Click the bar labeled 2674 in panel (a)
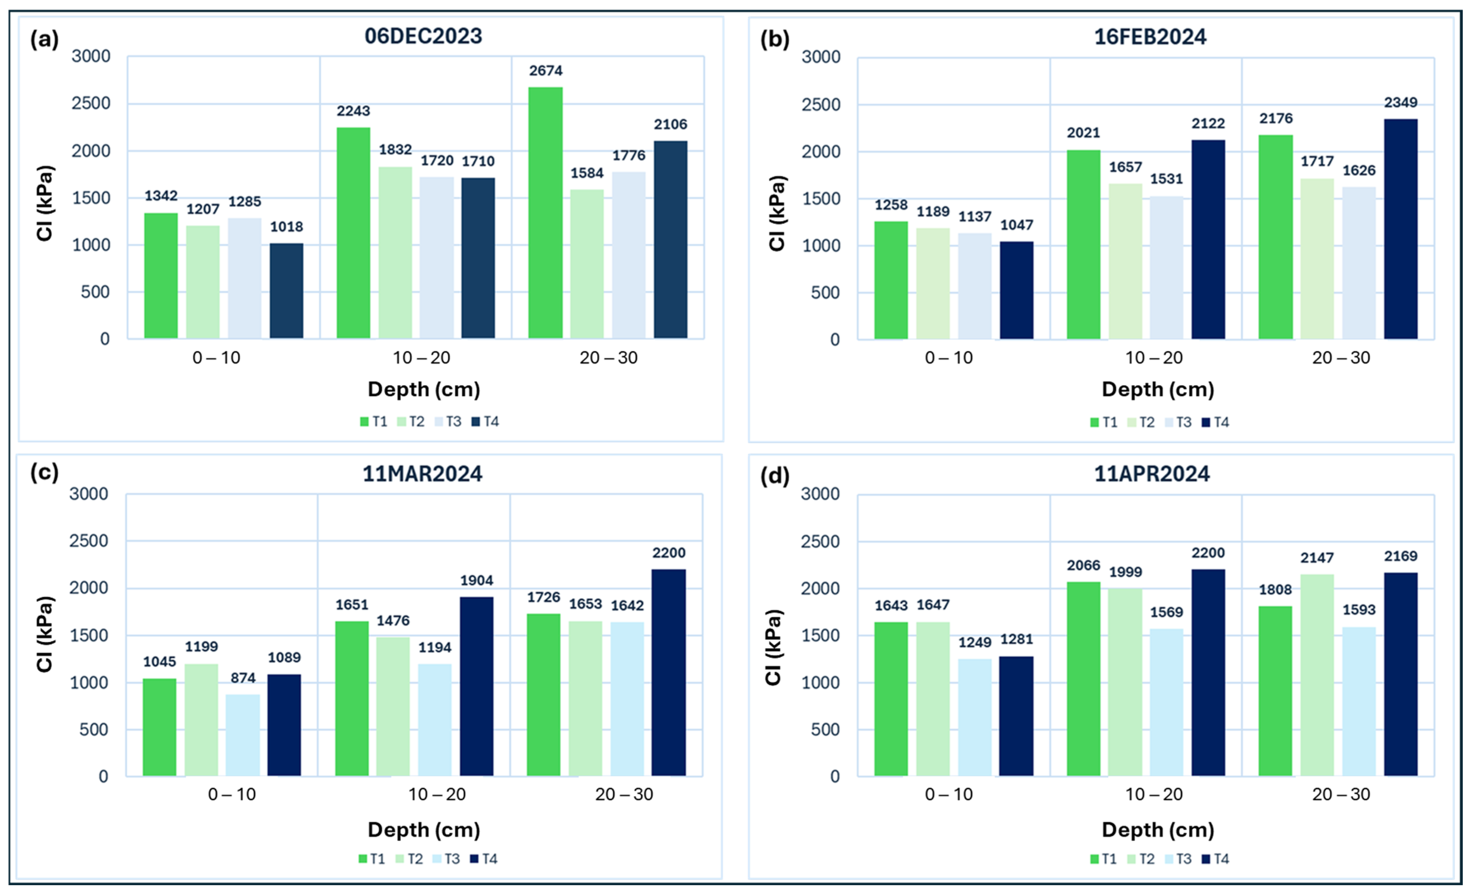pos(545,213)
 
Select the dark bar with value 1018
pos(286,291)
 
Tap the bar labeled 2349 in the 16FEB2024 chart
pos(1401,229)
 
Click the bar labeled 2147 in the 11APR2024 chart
pos(1317,675)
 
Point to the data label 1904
pos(477,581)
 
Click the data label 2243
pos(353,111)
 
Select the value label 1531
pos(1166,179)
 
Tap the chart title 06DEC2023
pos(423,36)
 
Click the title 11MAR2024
pos(422,474)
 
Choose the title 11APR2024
pos(1152,474)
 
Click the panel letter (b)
pos(775,39)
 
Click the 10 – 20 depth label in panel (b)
pos(1154,358)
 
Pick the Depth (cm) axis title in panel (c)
pos(423,830)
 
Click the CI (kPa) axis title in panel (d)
pos(773,647)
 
